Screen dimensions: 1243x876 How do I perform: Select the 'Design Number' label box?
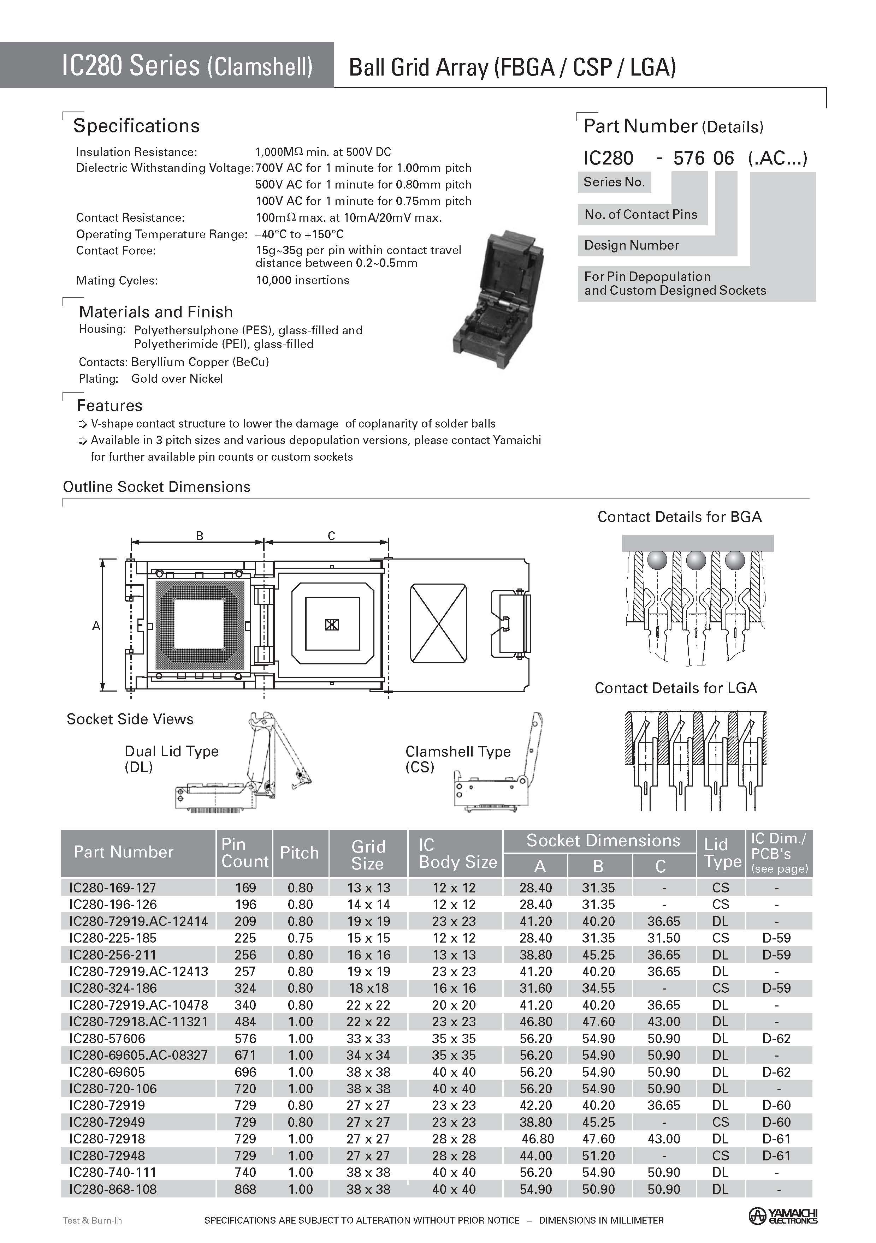point(631,245)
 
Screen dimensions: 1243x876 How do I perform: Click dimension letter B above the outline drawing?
point(199,536)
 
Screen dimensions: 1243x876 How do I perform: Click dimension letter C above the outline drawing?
point(331,536)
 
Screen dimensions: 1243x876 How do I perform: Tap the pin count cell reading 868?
point(245,1189)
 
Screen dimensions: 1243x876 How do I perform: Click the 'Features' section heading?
point(109,406)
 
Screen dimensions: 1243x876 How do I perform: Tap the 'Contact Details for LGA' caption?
point(676,688)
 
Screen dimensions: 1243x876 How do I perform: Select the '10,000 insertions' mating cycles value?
point(302,280)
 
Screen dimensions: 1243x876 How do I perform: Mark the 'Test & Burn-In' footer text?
point(92,1220)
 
